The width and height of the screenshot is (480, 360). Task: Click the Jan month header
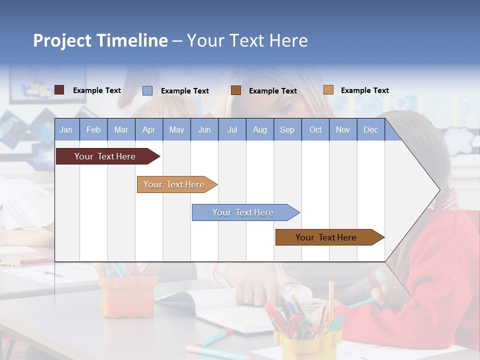(66, 130)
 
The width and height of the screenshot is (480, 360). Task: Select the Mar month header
(121, 130)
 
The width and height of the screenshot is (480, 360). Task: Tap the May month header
(176, 130)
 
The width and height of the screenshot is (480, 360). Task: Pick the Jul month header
(232, 130)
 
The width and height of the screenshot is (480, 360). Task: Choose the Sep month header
(287, 130)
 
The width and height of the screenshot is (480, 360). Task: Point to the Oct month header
(315, 130)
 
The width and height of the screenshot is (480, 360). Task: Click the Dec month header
(370, 130)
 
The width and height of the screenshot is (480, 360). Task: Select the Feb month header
(93, 130)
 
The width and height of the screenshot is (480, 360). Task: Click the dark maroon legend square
(59, 90)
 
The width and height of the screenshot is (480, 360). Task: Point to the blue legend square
(147, 90)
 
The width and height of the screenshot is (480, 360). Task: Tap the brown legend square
(236, 90)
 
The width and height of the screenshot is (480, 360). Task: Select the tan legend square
(328, 90)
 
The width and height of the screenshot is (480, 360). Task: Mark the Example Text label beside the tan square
(364, 90)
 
